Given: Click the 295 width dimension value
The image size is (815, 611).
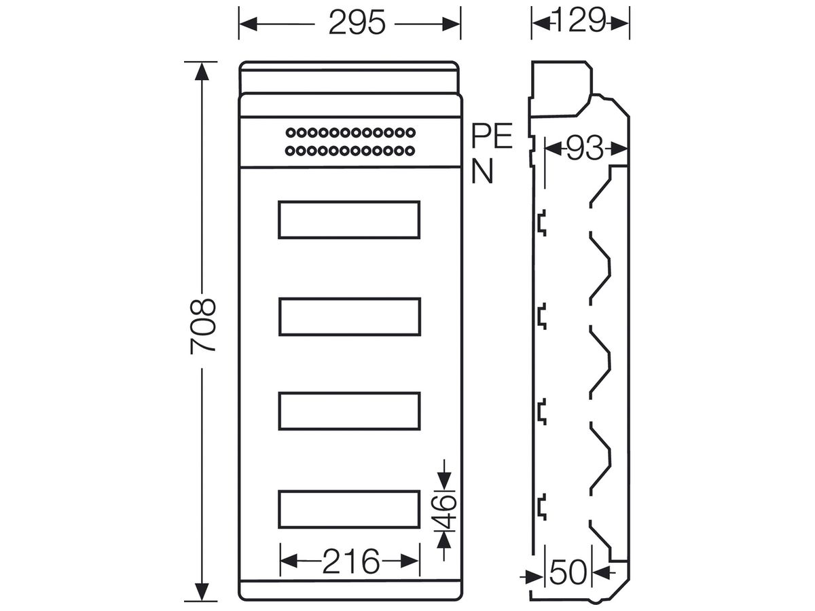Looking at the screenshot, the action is coord(357,22).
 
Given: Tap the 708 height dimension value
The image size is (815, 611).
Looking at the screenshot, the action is coord(202,327).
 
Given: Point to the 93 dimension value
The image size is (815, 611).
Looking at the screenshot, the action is coord(585,149).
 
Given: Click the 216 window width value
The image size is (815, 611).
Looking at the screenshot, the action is coord(351,561).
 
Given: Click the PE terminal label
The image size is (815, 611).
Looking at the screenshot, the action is coord(492,136).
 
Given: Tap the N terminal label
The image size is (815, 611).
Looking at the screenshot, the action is coord(482,171).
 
